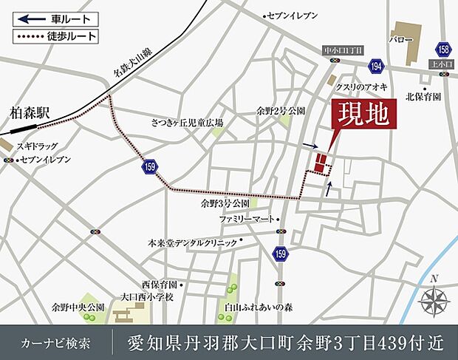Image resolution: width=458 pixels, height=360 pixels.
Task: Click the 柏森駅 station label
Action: [x=30, y=113]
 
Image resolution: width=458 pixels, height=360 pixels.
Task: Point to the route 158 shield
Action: [x=443, y=49]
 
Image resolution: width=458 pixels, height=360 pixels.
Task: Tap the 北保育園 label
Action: [x=423, y=96]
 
